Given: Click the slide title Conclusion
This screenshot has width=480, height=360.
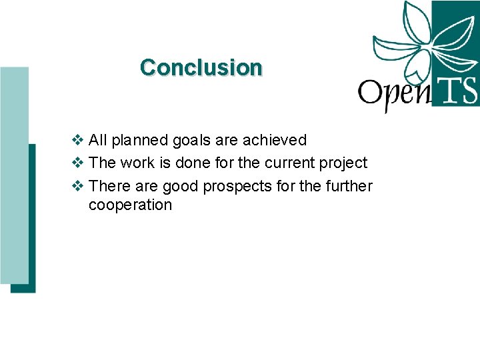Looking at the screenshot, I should [x=201, y=67].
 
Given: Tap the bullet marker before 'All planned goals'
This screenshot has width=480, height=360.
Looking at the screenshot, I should [x=77, y=140].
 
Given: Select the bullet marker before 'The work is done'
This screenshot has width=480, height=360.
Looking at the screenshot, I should [x=77, y=163].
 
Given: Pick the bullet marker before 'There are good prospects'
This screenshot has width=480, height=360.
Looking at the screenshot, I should [x=77, y=186].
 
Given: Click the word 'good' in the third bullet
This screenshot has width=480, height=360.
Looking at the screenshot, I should [x=179, y=186].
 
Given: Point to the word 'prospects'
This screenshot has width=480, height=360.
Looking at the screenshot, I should [x=232, y=187].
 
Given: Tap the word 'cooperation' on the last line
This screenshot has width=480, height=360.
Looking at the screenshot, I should [x=130, y=205].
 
